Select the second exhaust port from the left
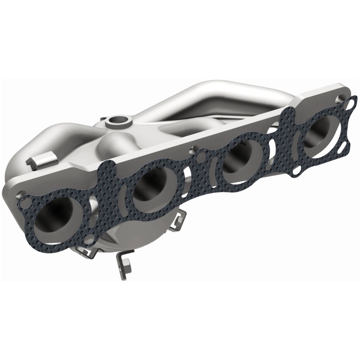151,184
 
